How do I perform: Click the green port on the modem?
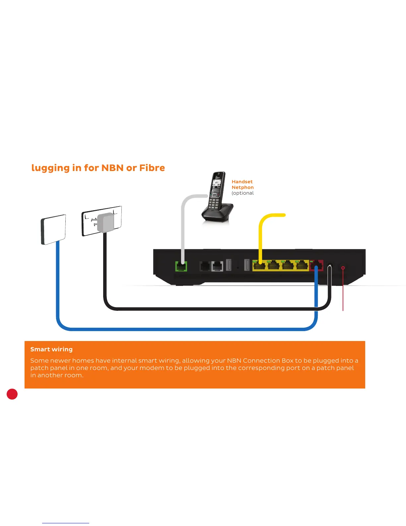tap(181, 266)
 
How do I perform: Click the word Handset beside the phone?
tap(242, 182)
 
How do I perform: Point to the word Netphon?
tap(242, 187)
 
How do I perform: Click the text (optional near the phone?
tap(242, 193)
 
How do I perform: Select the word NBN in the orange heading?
tap(112, 168)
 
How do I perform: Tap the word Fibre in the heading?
tap(152, 168)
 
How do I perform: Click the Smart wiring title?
tap(51, 349)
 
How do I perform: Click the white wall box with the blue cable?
tap(53, 229)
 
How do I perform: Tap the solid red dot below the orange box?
tap(12, 394)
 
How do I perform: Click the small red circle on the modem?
tap(343, 268)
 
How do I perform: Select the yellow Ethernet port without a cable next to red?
tap(302, 266)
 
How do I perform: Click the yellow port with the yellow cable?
tap(260, 266)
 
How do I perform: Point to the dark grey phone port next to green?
tap(205, 266)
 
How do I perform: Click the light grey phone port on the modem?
tap(217, 266)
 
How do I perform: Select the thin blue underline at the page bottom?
tap(65, 523)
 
